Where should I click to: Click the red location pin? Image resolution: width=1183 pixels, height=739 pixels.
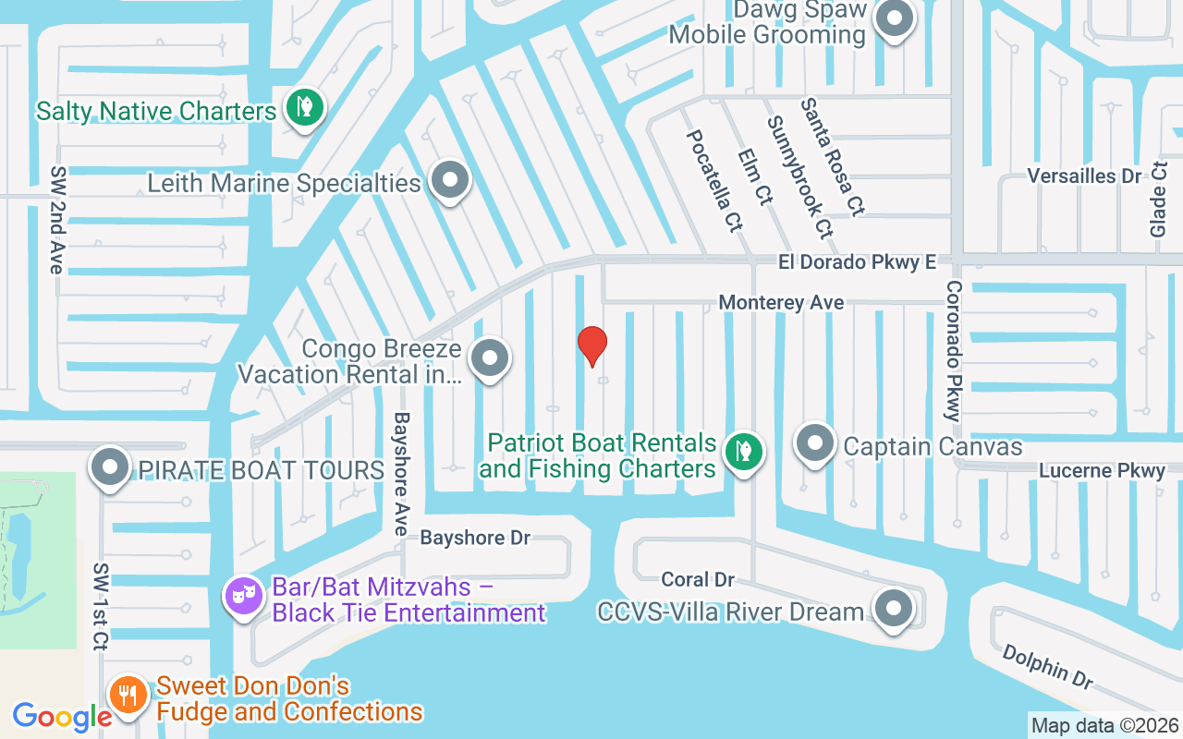tap(592, 345)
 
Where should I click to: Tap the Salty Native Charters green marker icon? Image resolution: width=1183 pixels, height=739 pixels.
tap(301, 108)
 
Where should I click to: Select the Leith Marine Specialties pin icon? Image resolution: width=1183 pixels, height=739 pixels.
tap(450, 181)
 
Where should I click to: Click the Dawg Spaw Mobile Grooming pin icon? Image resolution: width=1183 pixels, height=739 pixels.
tap(894, 18)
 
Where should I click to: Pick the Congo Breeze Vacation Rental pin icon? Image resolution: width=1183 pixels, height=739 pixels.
tap(490, 358)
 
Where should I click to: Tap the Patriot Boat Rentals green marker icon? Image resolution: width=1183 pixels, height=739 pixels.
tap(742, 452)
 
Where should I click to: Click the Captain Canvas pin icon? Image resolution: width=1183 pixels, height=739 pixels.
tap(815, 443)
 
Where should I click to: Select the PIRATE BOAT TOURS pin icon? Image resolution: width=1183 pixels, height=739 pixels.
tap(111, 467)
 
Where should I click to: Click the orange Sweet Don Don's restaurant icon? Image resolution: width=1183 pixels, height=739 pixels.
tap(128, 694)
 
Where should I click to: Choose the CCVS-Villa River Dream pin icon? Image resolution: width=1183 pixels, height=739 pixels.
tap(894, 608)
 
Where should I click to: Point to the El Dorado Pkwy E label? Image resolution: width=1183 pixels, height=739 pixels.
tap(857, 262)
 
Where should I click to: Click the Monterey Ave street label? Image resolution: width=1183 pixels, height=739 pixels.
tap(781, 302)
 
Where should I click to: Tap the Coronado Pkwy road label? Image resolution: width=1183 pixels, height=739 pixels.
tap(954, 351)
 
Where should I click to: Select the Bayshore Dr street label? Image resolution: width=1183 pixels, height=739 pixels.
tap(475, 538)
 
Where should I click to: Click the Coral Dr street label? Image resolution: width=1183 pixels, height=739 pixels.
tap(698, 579)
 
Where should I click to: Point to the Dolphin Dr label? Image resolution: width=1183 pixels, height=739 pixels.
tap(1047, 666)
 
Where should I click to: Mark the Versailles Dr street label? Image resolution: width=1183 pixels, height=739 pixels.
tap(1084, 176)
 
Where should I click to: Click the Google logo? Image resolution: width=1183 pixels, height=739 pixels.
tap(62, 717)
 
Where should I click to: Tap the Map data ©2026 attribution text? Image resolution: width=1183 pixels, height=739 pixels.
tap(1105, 725)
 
